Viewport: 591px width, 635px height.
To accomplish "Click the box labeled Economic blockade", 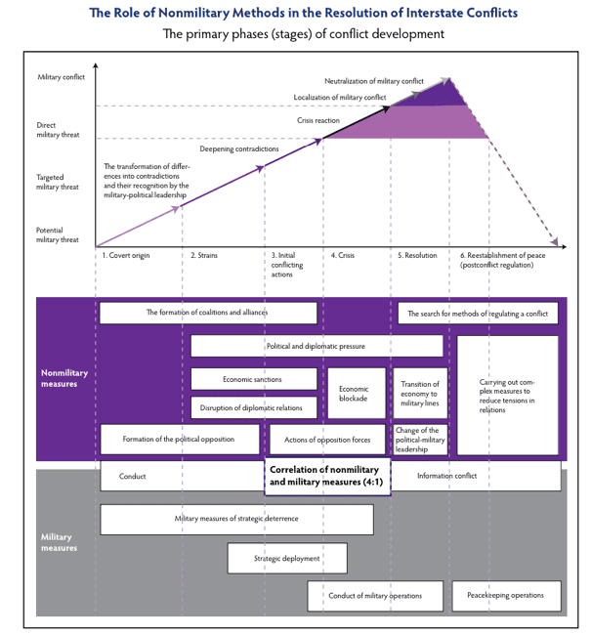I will click(x=354, y=395).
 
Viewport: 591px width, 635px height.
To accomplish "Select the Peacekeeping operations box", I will click(x=505, y=595).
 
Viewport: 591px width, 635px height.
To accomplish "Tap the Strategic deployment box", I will click(x=287, y=558).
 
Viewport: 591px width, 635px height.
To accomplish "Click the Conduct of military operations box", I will click(x=375, y=595).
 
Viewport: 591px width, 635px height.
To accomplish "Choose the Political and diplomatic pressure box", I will click(x=317, y=346).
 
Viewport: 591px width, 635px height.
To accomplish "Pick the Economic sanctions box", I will click(x=252, y=379).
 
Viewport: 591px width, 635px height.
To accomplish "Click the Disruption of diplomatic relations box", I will click(x=252, y=407).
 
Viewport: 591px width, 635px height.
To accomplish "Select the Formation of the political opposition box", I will click(x=179, y=440).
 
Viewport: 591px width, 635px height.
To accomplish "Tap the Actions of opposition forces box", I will click(x=327, y=440).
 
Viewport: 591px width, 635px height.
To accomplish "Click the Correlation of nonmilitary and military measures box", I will click(x=327, y=476).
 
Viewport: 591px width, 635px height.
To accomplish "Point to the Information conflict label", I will click(x=446, y=476).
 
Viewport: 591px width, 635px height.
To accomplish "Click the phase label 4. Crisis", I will click(x=342, y=256).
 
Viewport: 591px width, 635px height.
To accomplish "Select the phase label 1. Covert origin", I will click(x=127, y=256).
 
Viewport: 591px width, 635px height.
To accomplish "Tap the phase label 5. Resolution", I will click(x=417, y=256).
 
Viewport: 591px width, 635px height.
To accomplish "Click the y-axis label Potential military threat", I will click(x=59, y=233).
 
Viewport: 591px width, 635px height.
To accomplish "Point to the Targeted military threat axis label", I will click(x=58, y=182).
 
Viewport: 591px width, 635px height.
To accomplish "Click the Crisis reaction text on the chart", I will click(x=318, y=120).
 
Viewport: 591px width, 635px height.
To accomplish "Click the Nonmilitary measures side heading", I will click(x=64, y=378).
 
